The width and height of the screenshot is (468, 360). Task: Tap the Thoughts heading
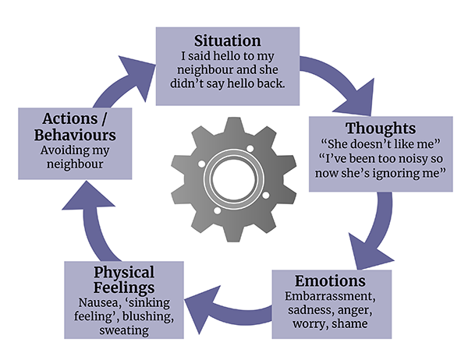pyautogui.click(x=381, y=129)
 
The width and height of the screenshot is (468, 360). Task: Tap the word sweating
pyautogui.click(x=125, y=330)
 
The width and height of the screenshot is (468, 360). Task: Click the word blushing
pyautogui.click(x=147, y=316)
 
